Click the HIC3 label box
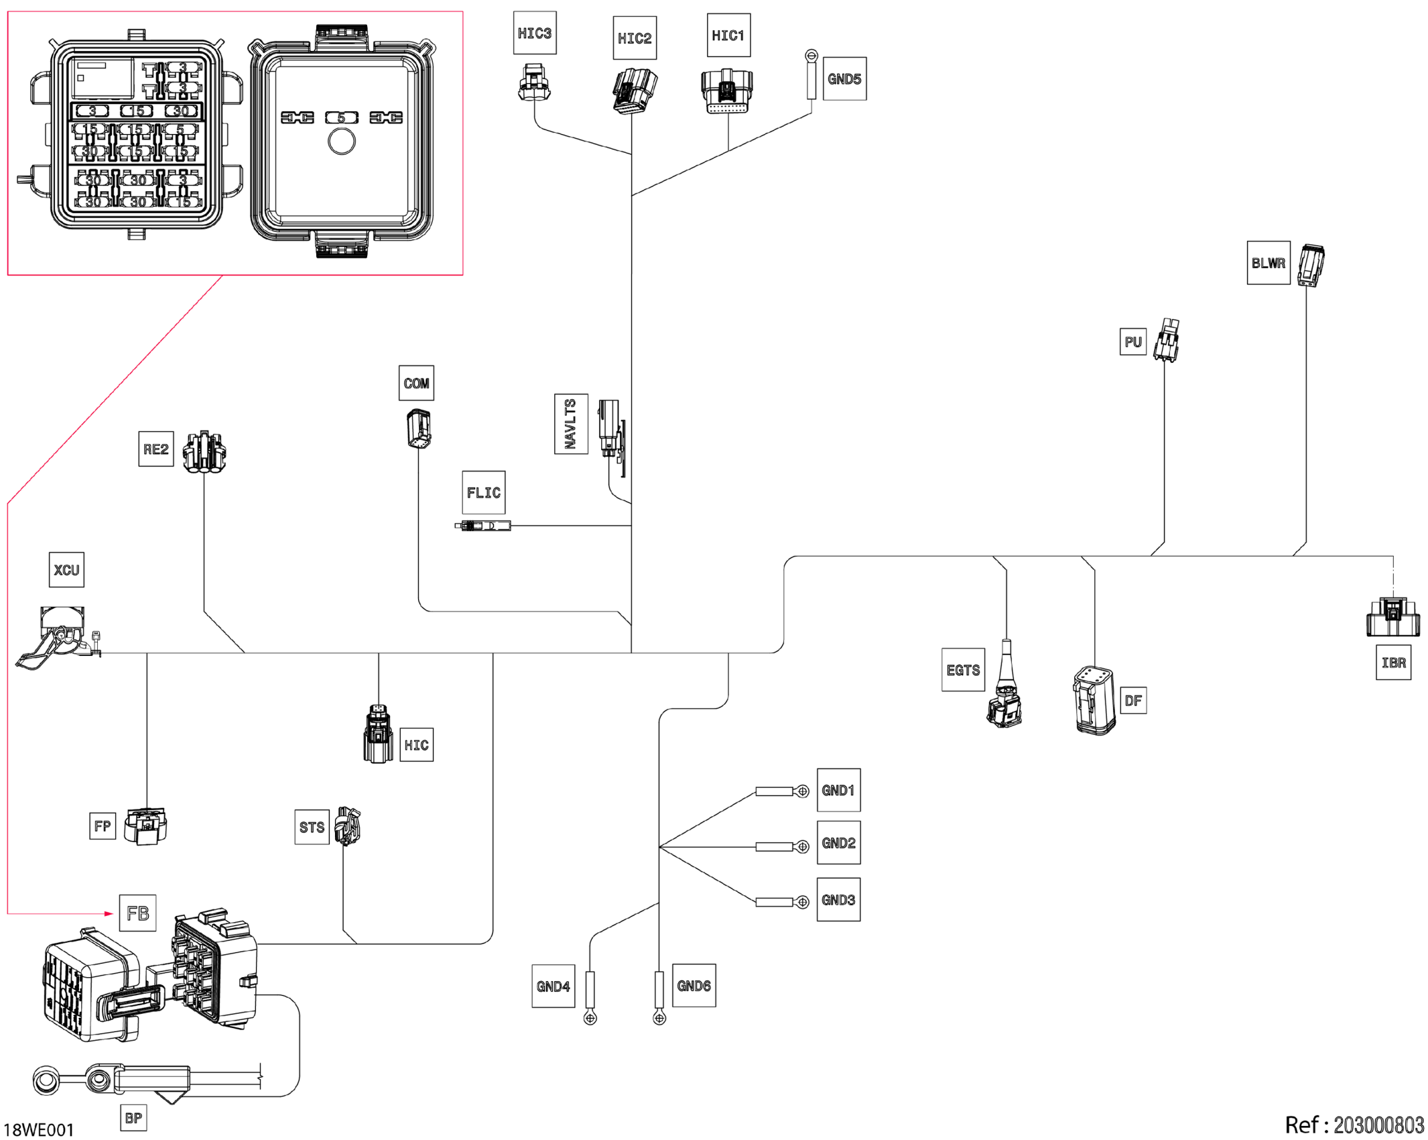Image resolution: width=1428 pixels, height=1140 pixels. click(534, 33)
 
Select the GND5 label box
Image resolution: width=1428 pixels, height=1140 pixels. click(844, 79)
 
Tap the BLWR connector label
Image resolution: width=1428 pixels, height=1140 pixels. click(1268, 263)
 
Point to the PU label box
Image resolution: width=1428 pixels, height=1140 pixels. click(1132, 342)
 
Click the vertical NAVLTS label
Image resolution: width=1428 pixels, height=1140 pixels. click(571, 424)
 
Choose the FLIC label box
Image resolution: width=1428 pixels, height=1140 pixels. click(483, 493)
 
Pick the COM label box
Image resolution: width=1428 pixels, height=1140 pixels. click(416, 383)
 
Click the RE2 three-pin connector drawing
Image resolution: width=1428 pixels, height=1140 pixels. click(204, 453)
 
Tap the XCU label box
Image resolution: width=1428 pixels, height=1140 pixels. click(66, 570)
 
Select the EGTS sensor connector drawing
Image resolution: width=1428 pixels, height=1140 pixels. click(1004, 691)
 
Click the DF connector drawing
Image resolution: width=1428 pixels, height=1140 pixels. click(1094, 701)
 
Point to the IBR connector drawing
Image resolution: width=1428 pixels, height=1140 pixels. click(1392, 617)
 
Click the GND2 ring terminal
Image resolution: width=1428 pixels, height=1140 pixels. click(802, 847)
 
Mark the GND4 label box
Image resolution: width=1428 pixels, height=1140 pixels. click(553, 986)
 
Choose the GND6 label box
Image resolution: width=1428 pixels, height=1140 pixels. click(694, 986)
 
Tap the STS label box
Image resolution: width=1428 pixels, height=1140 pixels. click(312, 828)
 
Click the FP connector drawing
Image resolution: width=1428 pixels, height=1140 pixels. click(146, 827)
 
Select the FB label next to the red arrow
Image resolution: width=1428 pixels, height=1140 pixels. click(137, 913)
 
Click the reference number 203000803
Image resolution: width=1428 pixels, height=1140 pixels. click(1378, 1125)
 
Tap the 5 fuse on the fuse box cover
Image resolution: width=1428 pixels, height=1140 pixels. click(341, 118)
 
